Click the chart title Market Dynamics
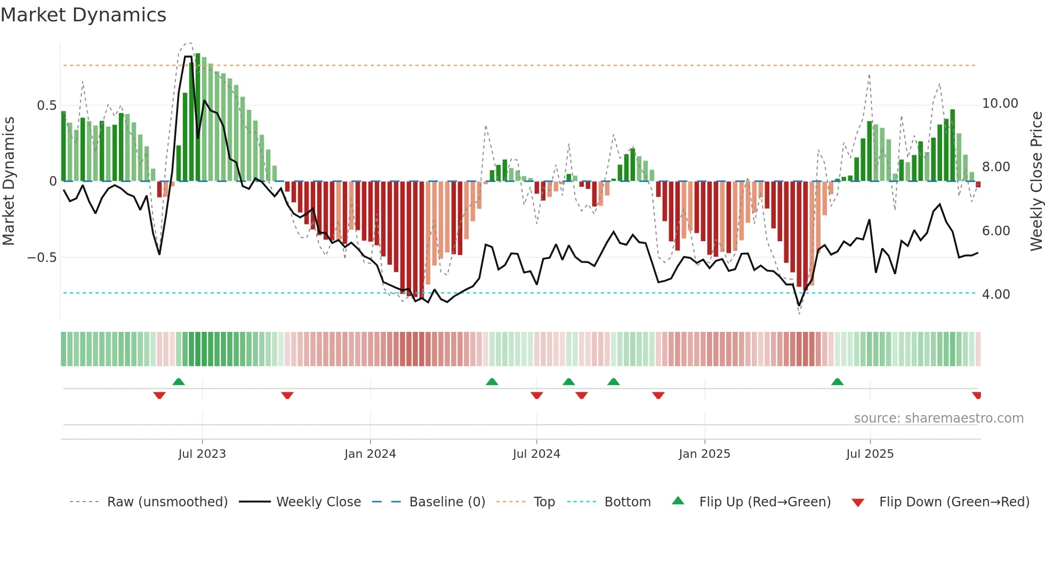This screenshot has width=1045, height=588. pyautogui.click(x=83, y=15)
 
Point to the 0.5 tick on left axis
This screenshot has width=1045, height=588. pyautogui.click(x=46, y=106)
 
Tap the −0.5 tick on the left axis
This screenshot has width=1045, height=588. pyautogui.click(x=42, y=258)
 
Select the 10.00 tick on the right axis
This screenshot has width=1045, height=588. pyautogui.click(x=1000, y=104)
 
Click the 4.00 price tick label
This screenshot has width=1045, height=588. pyautogui.click(x=995, y=295)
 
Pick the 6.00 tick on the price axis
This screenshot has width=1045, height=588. pyautogui.click(x=995, y=231)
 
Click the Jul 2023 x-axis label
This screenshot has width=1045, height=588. pyautogui.click(x=202, y=454)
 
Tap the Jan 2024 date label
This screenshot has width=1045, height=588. pyautogui.click(x=370, y=454)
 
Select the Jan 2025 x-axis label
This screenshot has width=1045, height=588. pyautogui.click(x=704, y=454)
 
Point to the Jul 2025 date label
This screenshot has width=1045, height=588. pyautogui.click(x=870, y=454)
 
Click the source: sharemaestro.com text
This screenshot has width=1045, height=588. pyautogui.click(x=938, y=418)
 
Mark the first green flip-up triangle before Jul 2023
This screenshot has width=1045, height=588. pyautogui.click(x=179, y=382)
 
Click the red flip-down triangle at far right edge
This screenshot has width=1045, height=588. pyautogui.click(x=977, y=395)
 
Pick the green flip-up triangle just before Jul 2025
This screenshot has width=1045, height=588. pyautogui.click(x=837, y=382)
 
